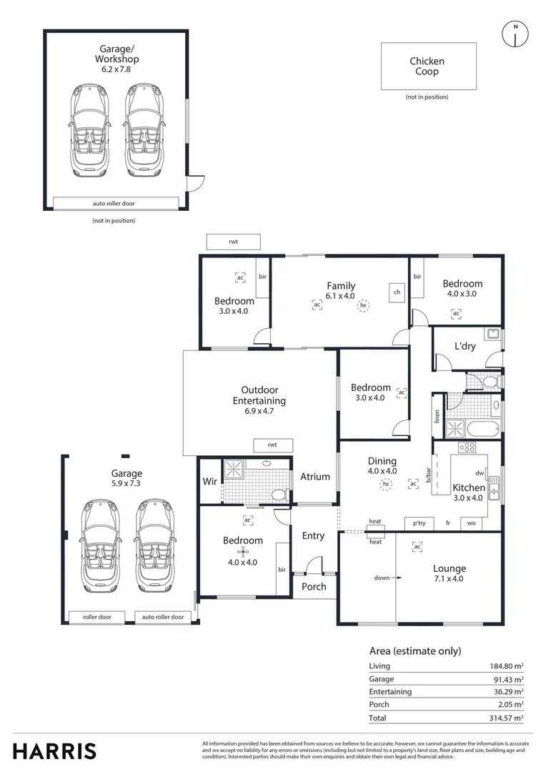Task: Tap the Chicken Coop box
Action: [428, 66]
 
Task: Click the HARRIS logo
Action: [54, 751]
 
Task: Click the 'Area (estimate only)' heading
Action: [415, 650]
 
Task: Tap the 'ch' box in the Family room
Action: [396, 292]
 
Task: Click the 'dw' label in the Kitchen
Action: [480, 472]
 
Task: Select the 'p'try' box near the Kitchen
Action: [419, 523]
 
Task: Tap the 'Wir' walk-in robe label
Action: [209, 481]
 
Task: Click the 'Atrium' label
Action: [314, 477]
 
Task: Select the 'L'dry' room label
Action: [465, 347]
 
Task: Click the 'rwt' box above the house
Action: [233, 242]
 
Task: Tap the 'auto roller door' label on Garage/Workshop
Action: [114, 203]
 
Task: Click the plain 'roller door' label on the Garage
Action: [97, 616]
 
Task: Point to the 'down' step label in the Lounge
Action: [380, 578]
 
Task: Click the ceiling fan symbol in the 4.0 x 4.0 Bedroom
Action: [243, 551]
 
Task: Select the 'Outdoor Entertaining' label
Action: [259, 395]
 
